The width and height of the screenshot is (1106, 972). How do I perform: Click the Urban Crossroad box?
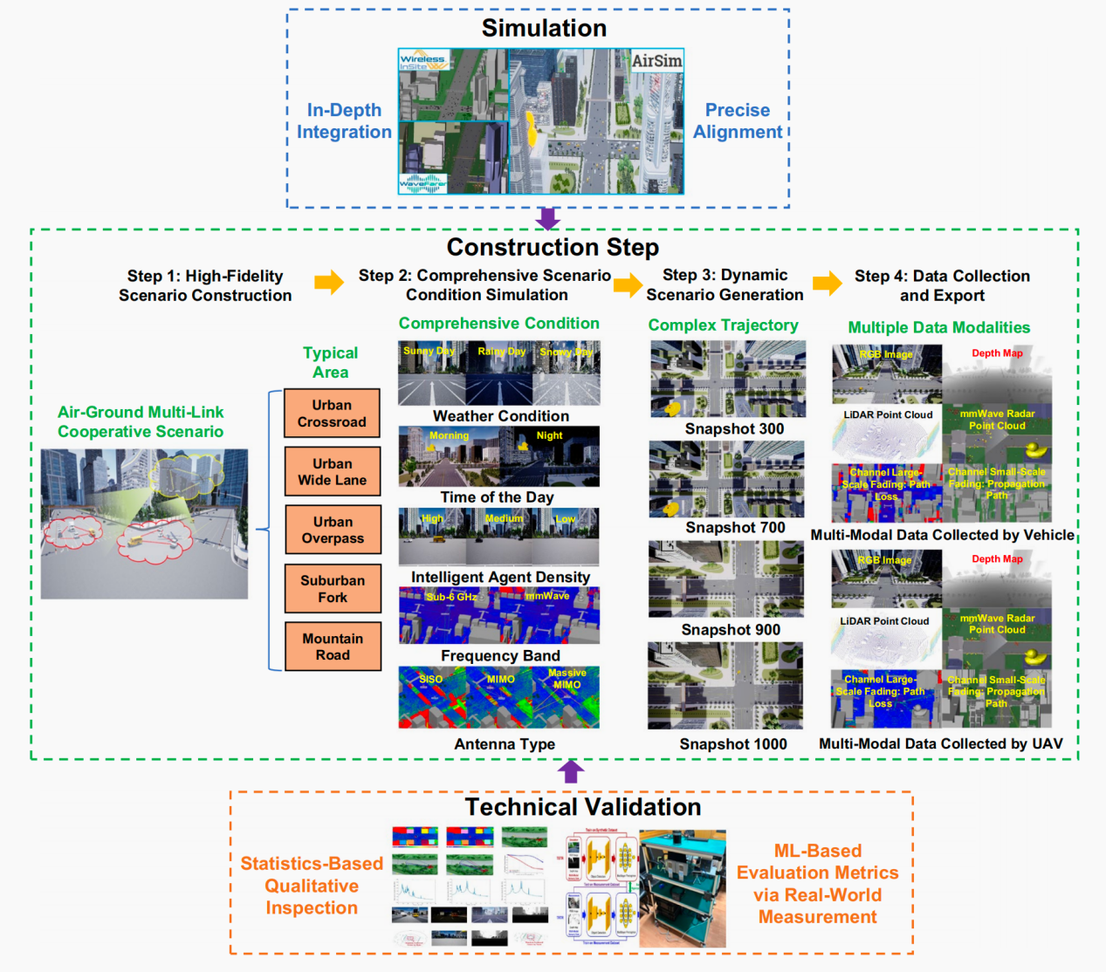(x=332, y=414)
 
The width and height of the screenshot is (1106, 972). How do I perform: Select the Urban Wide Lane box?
(x=333, y=472)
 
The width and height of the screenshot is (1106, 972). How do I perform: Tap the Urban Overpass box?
(x=333, y=530)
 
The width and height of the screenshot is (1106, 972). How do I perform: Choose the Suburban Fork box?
(x=333, y=589)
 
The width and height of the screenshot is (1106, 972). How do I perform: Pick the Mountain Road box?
(x=333, y=647)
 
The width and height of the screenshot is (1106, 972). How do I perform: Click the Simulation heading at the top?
(x=544, y=28)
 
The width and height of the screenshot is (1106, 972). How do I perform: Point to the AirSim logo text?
(x=656, y=61)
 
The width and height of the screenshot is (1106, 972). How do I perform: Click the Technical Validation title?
(x=582, y=807)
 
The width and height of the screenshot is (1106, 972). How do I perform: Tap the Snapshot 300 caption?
(x=734, y=428)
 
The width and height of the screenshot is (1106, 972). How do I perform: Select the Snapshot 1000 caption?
(x=733, y=744)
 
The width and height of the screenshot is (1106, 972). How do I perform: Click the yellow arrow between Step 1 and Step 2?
(x=329, y=282)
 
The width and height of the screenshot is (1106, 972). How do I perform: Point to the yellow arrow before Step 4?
(x=827, y=283)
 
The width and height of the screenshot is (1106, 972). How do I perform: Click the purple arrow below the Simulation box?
(x=547, y=218)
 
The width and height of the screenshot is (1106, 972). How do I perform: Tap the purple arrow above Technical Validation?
(x=571, y=771)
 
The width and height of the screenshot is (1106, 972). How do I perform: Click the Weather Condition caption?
(x=501, y=416)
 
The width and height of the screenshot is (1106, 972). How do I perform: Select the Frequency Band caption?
(x=500, y=655)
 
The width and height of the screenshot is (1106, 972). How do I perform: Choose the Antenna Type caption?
(x=505, y=744)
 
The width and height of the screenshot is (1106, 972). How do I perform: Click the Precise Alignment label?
(x=738, y=121)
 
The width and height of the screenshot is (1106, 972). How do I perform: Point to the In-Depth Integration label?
(x=344, y=121)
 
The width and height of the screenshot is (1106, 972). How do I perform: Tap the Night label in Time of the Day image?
(x=549, y=435)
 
